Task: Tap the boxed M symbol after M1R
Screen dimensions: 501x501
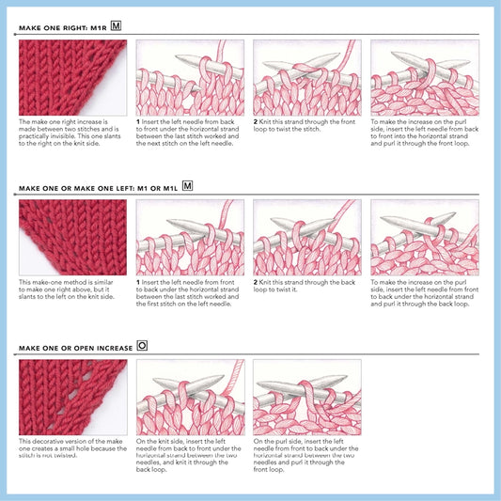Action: click(x=117, y=27)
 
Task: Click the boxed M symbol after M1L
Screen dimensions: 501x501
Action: click(x=188, y=186)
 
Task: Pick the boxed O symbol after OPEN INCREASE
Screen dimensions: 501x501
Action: click(x=142, y=346)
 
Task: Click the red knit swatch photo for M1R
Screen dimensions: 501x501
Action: click(x=72, y=77)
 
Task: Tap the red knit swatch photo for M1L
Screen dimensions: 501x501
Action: click(x=72, y=237)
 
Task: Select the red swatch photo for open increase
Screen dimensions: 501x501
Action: click(x=72, y=397)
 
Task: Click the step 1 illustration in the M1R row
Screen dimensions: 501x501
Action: click(x=190, y=77)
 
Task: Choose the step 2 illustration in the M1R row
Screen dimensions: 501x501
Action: click(x=306, y=77)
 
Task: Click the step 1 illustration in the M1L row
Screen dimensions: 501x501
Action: click(x=190, y=237)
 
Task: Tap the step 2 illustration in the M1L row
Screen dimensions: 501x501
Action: click(x=306, y=237)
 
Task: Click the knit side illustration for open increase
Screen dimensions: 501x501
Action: click(x=190, y=397)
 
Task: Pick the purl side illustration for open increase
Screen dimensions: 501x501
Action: click(x=306, y=397)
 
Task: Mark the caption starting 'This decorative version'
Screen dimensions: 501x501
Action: click(x=71, y=448)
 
